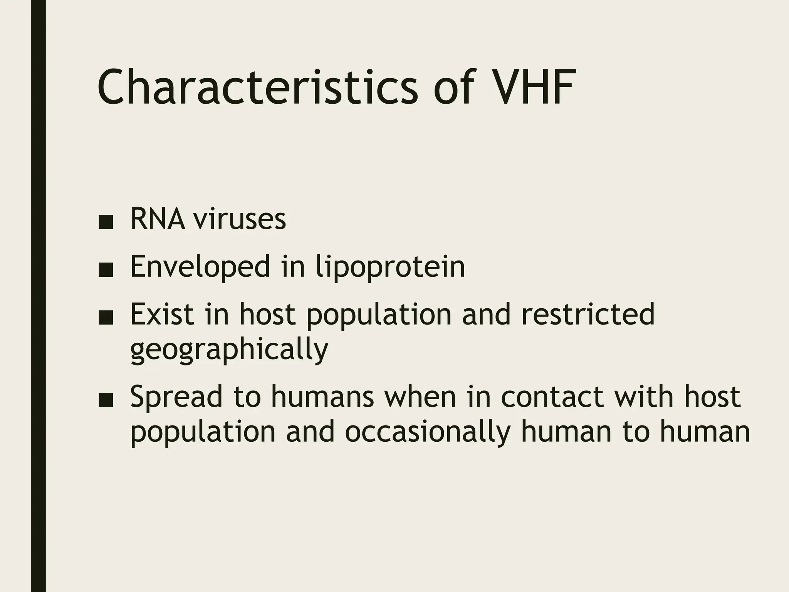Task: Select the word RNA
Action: (157, 219)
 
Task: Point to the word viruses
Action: (239, 219)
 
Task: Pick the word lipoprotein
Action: (390, 267)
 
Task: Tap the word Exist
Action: (162, 314)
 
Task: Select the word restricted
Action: (588, 314)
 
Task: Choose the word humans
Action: (322, 397)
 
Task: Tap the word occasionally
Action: (428, 432)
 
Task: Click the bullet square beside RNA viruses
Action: (106, 223)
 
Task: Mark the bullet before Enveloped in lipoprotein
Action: (106, 271)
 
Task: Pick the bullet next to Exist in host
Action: (106, 318)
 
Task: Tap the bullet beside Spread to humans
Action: (106, 401)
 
